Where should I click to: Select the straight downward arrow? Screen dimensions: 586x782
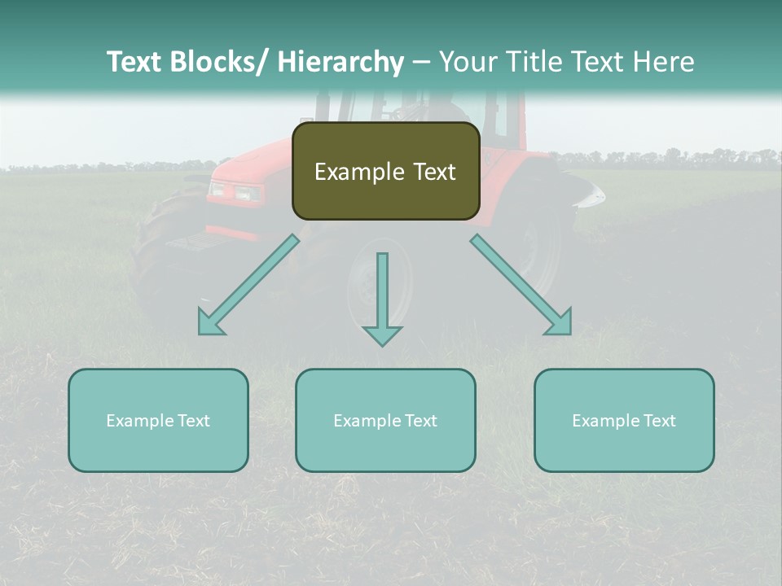[382, 298]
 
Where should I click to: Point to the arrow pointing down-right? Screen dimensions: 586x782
[521, 285]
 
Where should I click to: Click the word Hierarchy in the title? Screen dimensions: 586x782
[340, 62]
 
